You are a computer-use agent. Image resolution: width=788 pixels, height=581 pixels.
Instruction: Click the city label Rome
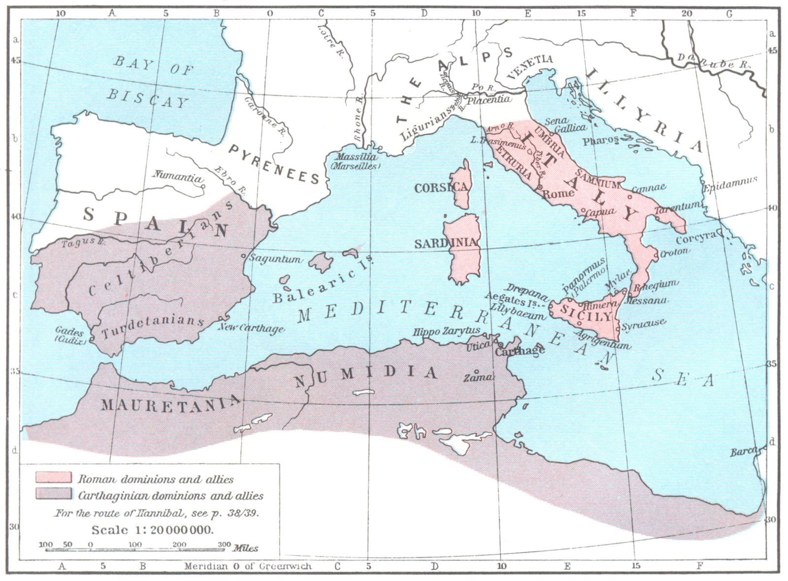click(x=558, y=193)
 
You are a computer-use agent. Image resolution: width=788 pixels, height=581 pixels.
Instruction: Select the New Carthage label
click(x=251, y=328)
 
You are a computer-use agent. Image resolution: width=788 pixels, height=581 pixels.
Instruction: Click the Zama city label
click(x=477, y=377)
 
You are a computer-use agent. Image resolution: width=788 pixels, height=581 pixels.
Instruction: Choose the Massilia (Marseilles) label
click(x=357, y=161)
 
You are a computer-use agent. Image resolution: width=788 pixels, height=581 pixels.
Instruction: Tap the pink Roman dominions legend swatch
click(x=53, y=478)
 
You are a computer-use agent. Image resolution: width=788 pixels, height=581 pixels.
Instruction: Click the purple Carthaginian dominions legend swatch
click(x=53, y=494)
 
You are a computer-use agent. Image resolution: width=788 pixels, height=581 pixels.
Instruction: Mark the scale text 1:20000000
click(x=153, y=530)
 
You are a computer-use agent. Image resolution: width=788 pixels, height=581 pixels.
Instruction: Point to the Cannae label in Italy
click(x=649, y=188)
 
